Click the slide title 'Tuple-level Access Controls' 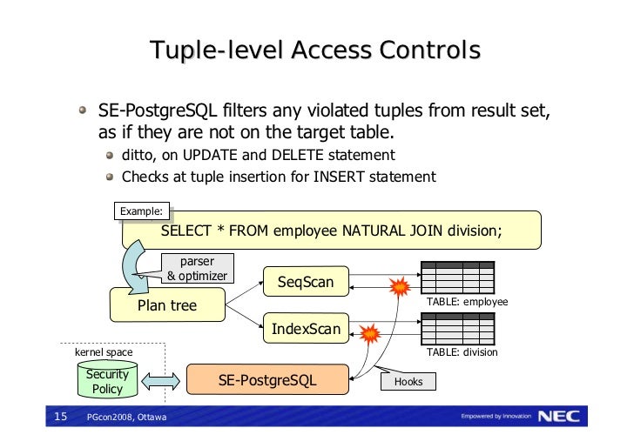pos(315,51)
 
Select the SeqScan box pos(305,282)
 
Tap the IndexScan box pos(305,329)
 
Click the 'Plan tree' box pos(167,305)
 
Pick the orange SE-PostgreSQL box pos(266,380)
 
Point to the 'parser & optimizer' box pos(197,269)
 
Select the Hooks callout pos(409,382)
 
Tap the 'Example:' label pos(141,211)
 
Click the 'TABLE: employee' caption pos(466,303)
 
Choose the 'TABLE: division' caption pos(462,352)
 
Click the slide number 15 pos(60,418)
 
